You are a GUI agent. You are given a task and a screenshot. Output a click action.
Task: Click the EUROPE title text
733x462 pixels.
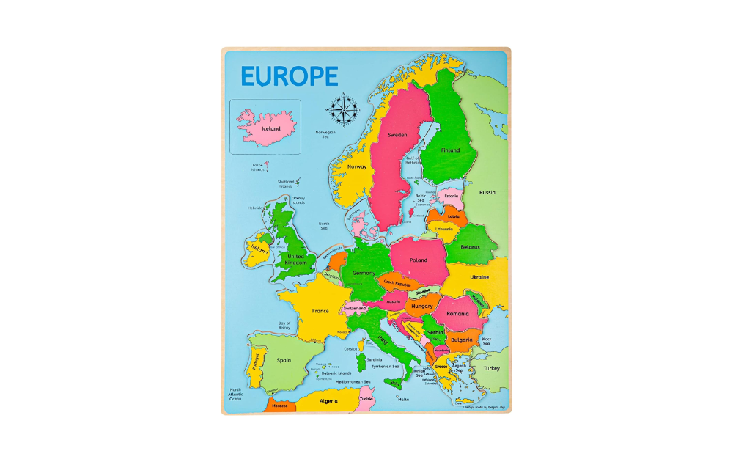[x=290, y=76]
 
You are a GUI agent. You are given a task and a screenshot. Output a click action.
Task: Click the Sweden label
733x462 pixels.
[x=397, y=135]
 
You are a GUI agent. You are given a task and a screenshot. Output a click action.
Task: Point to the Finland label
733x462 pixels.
[x=450, y=150]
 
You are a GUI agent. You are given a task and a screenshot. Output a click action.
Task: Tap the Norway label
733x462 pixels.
[x=357, y=166]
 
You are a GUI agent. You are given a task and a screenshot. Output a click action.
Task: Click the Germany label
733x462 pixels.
[x=364, y=273]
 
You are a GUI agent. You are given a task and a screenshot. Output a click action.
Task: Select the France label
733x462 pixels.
[x=320, y=311]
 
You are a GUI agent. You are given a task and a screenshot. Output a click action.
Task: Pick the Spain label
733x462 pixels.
[x=284, y=360]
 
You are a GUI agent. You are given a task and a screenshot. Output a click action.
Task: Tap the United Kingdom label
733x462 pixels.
[x=296, y=259]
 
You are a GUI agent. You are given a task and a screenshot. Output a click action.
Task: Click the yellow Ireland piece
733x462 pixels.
[x=259, y=249]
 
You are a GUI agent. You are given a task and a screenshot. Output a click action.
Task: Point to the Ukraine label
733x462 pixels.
[x=479, y=277]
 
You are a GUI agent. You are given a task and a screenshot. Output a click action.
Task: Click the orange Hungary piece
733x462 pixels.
[x=422, y=306]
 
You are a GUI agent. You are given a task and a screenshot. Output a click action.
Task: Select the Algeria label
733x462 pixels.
[x=328, y=401]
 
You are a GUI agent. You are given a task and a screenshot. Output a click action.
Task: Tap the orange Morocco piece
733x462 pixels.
[x=280, y=406]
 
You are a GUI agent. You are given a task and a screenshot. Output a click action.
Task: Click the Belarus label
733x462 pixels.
[x=470, y=247]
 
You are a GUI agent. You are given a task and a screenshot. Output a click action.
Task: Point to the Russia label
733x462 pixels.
[x=487, y=193]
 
